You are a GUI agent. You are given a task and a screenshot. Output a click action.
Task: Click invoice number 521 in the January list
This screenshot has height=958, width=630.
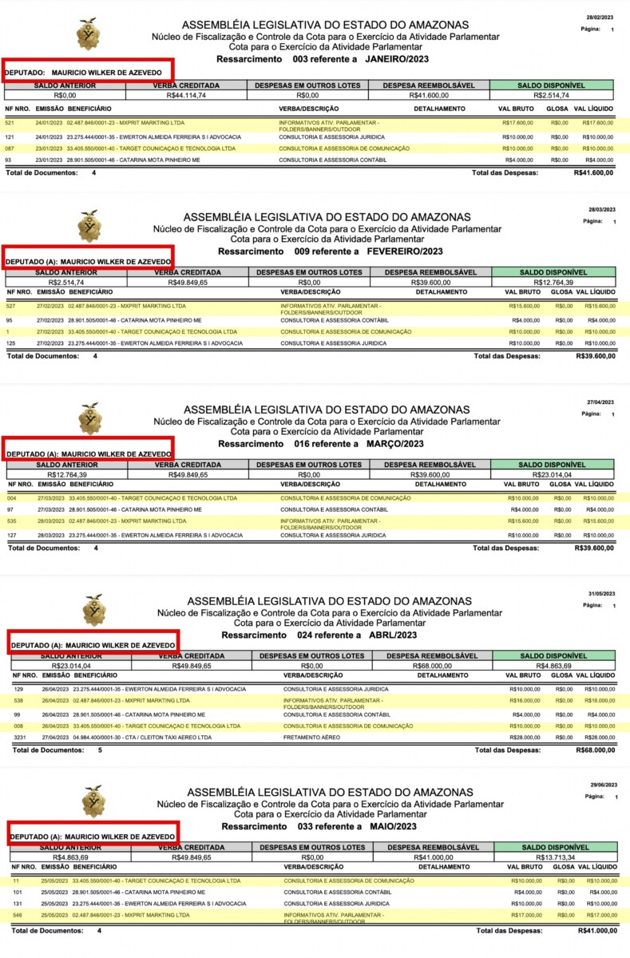[x=10, y=122]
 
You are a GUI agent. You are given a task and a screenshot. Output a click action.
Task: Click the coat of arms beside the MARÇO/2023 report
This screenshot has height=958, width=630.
[x=90, y=418]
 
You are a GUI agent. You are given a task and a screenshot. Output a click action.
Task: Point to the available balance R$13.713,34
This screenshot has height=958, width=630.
[x=553, y=857]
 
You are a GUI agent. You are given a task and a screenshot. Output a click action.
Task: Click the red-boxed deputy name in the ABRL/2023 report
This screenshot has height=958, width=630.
[x=92, y=644]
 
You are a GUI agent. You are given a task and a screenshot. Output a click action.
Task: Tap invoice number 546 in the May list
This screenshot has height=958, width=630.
[x=18, y=915]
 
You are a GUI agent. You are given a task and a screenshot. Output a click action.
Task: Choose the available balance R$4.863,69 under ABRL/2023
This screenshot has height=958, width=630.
[x=553, y=664]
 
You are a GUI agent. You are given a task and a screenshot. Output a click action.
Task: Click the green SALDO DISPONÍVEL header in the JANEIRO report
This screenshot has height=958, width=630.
[x=551, y=85]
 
